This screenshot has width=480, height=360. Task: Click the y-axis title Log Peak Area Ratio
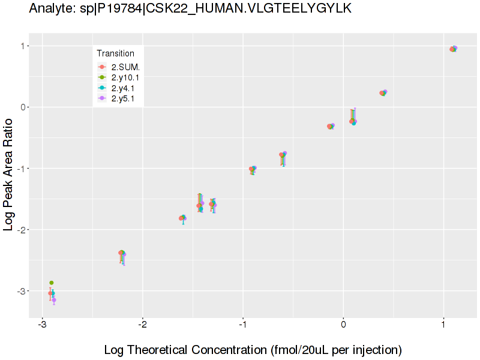pyautogui.click(x=9, y=174)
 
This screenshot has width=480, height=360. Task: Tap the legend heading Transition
pyautogui.click(x=115, y=53)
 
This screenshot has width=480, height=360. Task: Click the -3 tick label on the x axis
pyautogui.click(x=42, y=325)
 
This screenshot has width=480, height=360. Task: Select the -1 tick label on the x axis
pyautogui.click(x=243, y=325)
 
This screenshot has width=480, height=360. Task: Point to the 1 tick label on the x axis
pyautogui.click(x=443, y=325)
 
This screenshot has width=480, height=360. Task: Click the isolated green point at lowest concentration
pyautogui.click(x=52, y=283)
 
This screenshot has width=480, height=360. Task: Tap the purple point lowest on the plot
pyautogui.click(x=54, y=300)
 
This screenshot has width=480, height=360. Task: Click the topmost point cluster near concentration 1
pyautogui.click(x=454, y=49)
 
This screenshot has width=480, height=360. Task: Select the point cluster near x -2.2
pyautogui.click(x=122, y=253)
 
